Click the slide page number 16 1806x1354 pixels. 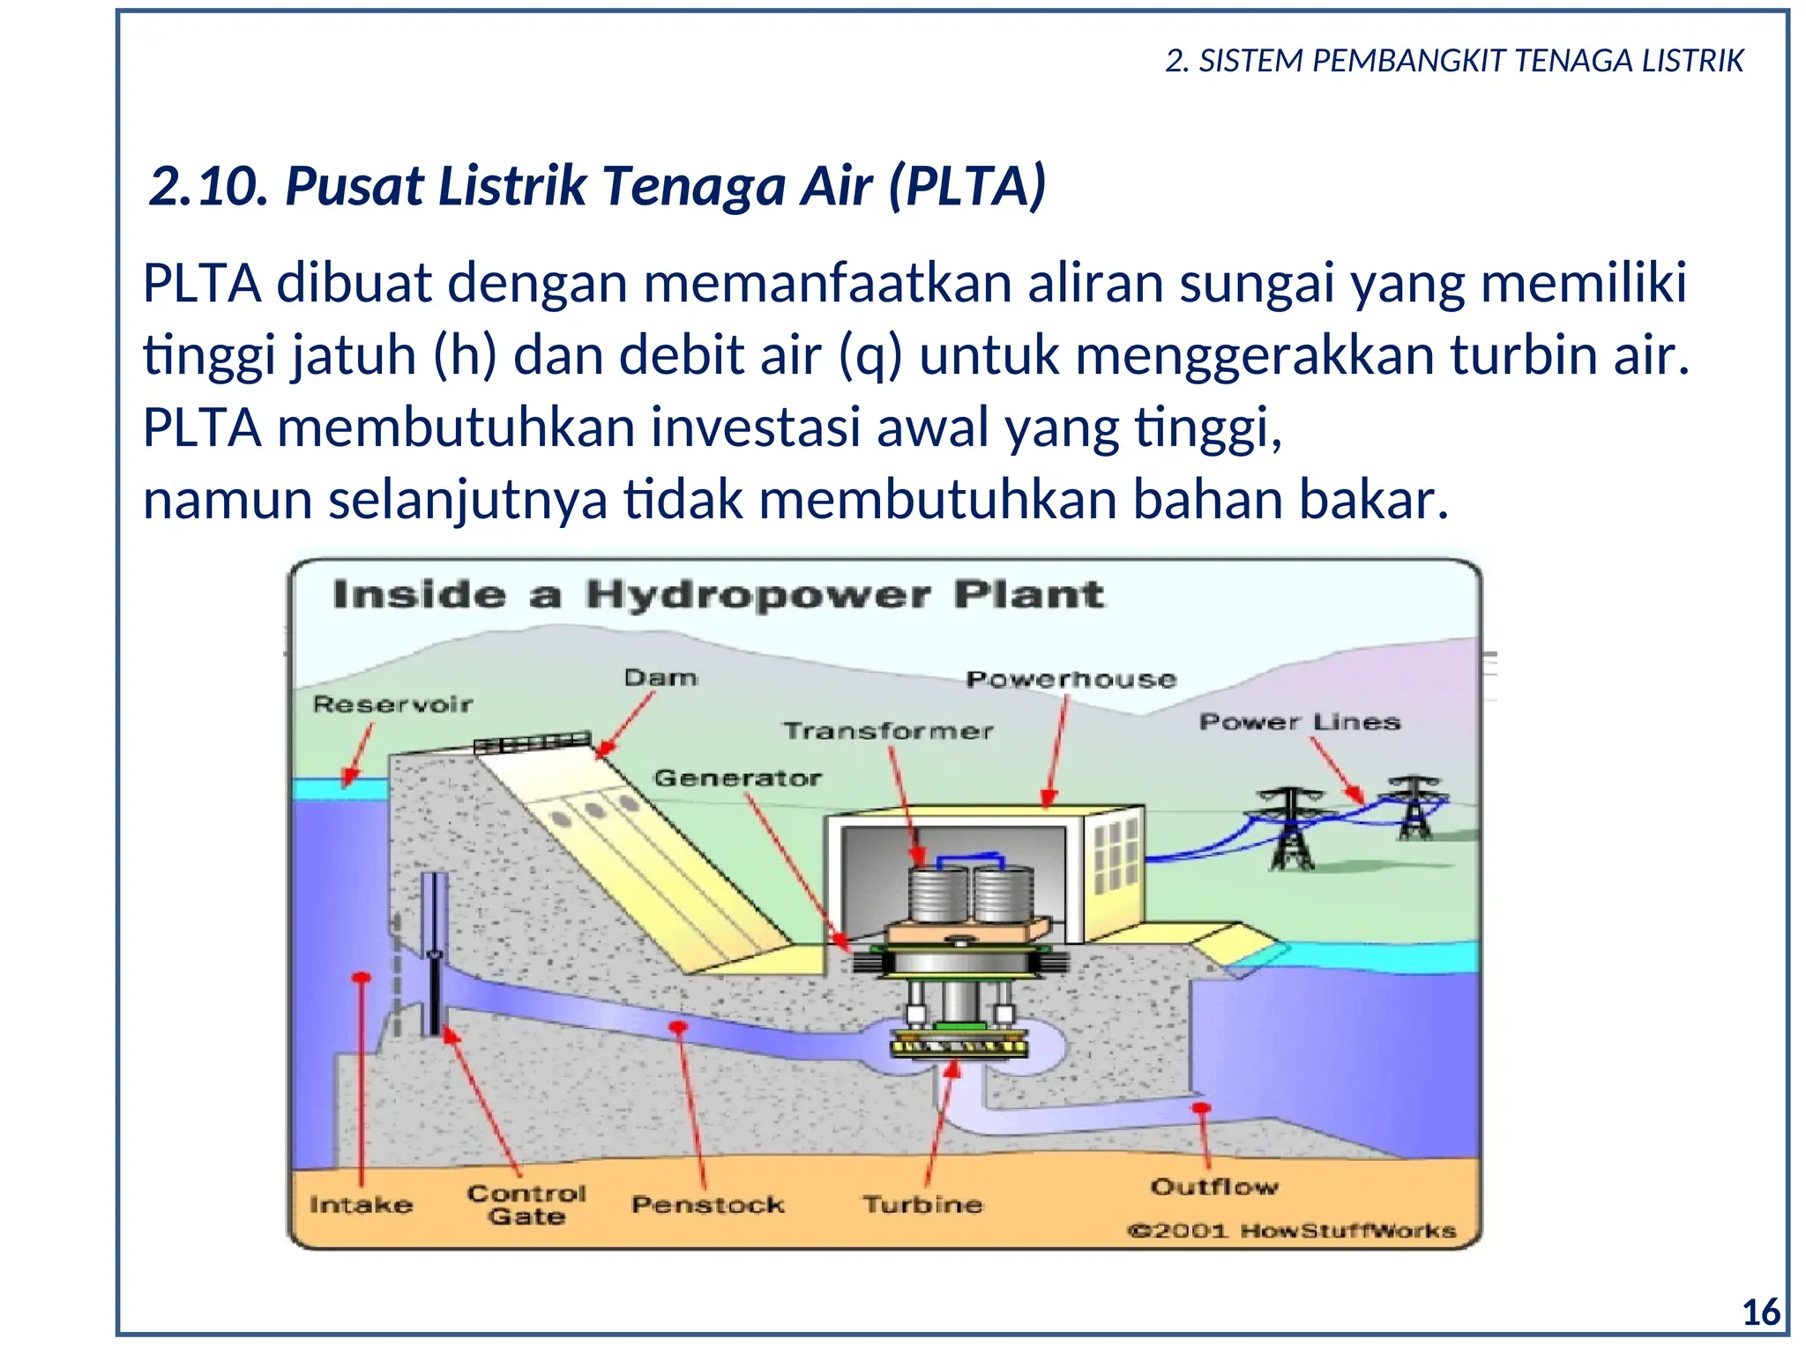coord(1761,1313)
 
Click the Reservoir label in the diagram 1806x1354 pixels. coord(392,704)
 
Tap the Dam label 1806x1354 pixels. coord(660,678)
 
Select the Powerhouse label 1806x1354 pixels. coord(1071,680)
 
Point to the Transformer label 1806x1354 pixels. coord(888,731)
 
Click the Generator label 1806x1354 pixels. coord(737,778)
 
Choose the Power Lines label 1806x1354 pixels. coord(1299,722)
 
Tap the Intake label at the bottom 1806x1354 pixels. coord(361,1204)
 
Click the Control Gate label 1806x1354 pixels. coord(526,1204)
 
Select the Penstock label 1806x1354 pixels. coord(707,1204)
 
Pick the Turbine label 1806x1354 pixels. coord(922,1204)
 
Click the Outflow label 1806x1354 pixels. coord(1213,1187)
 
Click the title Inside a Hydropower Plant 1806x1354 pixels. coord(718,595)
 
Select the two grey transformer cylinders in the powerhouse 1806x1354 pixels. coord(971,893)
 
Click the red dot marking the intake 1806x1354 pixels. coord(361,978)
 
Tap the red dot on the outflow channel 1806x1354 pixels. coord(1201,1108)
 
